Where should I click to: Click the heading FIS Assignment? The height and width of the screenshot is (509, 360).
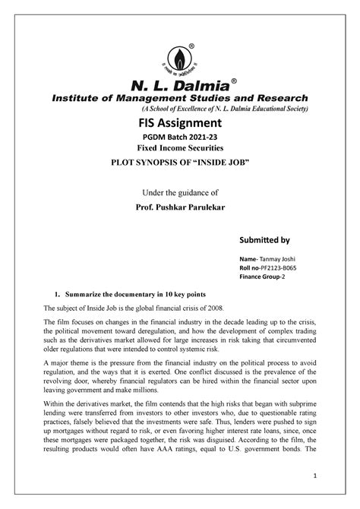tap(179, 123)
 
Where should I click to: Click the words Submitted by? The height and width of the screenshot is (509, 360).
tap(264, 241)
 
